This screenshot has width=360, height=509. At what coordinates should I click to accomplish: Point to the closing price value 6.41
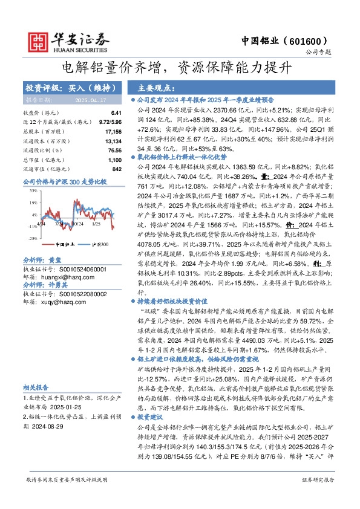pos(116,113)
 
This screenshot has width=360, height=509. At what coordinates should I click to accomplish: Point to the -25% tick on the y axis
pos(31,238)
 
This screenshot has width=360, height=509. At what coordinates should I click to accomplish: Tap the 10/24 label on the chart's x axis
pos(77,224)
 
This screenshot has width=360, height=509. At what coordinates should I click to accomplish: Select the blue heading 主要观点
pos(157,88)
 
